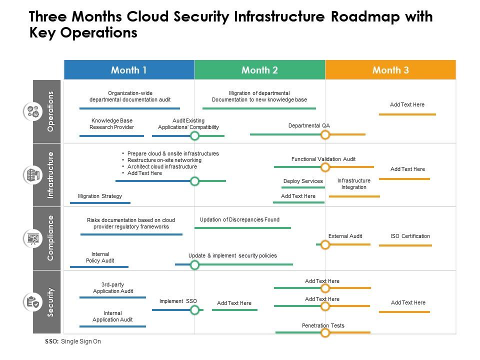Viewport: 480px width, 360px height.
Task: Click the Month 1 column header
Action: pos(129,70)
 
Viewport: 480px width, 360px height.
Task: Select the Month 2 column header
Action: pos(259,70)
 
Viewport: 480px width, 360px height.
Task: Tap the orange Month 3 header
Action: pos(390,70)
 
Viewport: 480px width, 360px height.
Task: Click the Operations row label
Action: pos(50,111)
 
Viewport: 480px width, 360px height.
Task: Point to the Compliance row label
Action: pos(50,238)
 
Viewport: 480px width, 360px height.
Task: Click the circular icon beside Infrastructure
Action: pos(33,175)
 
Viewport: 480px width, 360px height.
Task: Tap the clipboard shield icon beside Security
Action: pos(33,302)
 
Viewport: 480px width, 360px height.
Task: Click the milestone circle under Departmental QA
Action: pos(325,134)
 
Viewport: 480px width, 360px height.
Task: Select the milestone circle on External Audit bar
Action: pos(325,244)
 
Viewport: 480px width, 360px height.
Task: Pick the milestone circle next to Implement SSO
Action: pos(195,310)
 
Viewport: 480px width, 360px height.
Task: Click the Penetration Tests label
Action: pos(323,325)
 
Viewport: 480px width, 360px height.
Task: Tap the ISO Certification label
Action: pos(410,236)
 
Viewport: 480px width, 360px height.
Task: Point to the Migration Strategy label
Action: pos(100,196)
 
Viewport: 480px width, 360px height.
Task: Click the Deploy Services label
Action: pos(303,181)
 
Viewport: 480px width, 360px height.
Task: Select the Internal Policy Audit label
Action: pos(100,257)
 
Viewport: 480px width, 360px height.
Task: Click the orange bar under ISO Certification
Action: pos(405,245)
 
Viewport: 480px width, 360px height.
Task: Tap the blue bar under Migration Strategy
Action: pos(100,203)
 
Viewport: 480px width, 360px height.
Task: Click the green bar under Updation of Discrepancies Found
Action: pos(242,228)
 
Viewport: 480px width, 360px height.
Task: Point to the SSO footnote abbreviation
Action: pos(51,341)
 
